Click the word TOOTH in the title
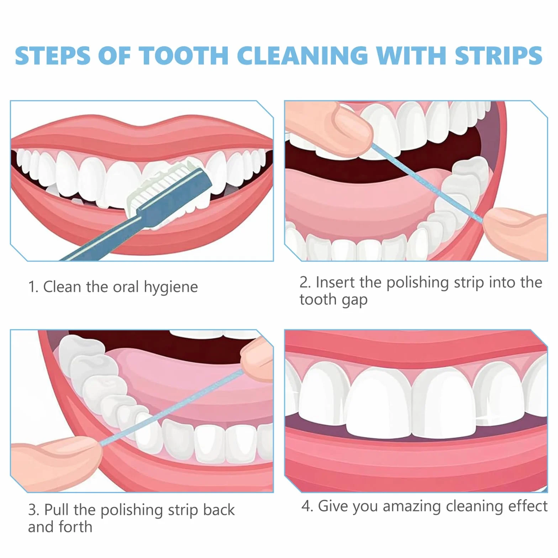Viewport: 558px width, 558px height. click(x=184, y=56)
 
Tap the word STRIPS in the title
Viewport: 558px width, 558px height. click(x=499, y=56)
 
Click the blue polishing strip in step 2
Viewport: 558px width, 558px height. click(x=427, y=183)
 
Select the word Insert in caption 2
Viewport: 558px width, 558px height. click(x=336, y=283)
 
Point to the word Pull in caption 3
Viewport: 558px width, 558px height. click(x=57, y=510)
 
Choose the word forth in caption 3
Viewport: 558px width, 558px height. click(x=75, y=527)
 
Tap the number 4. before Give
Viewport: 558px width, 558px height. click(x=307, y=506)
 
